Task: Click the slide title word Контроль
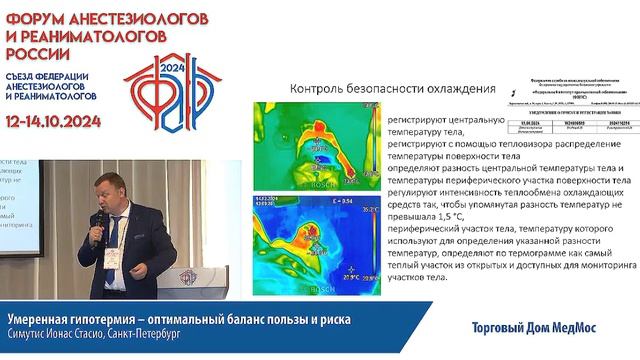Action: (x=323, y=88)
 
